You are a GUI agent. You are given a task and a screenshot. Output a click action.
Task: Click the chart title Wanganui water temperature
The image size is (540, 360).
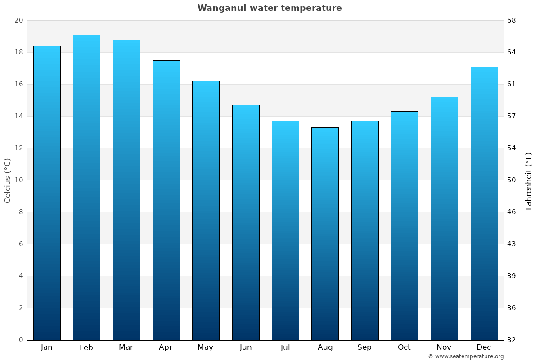tap(270, 8)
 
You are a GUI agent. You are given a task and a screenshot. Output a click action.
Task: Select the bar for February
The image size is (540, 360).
tap(86, 187)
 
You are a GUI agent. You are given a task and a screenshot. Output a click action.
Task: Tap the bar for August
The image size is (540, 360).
tap(325, 234)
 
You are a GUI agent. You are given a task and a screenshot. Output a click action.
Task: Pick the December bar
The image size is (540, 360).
tap(484, 203)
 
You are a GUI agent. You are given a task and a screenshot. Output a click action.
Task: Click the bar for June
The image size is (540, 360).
tap(246, 222)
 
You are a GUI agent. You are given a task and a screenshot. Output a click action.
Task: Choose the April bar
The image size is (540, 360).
tap(166, 200)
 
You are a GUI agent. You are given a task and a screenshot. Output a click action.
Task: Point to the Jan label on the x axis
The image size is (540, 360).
tap(46, 347)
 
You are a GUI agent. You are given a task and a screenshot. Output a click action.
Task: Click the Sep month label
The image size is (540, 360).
tap(364, 347)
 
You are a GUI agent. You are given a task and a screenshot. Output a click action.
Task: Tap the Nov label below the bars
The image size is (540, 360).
tap(444, 347)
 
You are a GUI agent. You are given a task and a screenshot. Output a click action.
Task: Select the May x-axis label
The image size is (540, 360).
tap(206, 347)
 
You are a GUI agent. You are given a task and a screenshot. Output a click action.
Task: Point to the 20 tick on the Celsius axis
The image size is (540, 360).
tap(18, 21)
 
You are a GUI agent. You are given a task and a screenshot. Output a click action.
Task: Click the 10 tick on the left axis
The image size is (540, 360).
tap(18, 180)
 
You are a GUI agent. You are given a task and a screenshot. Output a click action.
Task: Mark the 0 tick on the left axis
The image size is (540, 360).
tap(21, 340)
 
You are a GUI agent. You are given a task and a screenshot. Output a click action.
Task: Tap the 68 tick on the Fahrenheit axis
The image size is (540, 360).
tap(511, 21)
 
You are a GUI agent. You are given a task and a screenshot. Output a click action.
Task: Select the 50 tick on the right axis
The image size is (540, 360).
tap(511, 180)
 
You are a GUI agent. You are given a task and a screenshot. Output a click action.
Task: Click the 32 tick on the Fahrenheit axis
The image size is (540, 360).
tap(511, 340)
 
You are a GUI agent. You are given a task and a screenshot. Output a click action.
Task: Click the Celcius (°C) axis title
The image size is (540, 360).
tap(8, 180)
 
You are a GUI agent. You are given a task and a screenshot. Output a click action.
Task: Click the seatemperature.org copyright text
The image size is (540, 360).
tap(466, 356)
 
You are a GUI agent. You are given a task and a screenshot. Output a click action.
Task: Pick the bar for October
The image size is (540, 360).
tap(405, 225)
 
